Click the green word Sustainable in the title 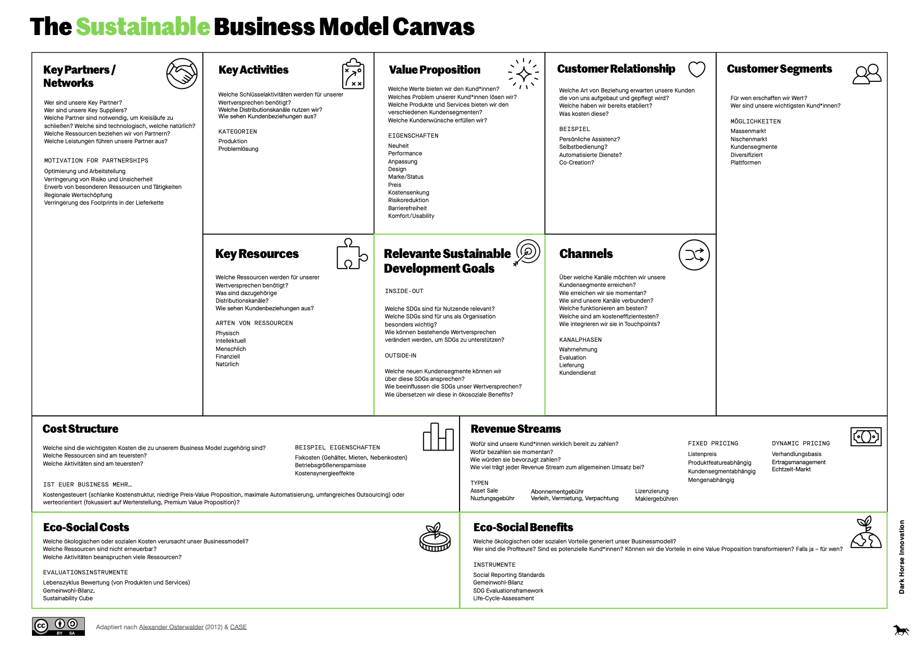[x=143, y=27]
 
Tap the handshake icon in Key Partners [x=182, y=74]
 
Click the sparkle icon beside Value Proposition [x=524, y=74]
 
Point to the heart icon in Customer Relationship [x=696, y=69]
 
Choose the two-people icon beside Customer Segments [x=867, y=74]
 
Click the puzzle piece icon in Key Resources [x=351, y=254]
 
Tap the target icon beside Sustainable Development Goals [x=527, y=252]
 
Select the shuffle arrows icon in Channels [x=694, y=255]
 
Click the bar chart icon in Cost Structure [x=438, y=437]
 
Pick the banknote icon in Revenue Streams [x=866, y=436]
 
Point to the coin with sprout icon [x=435, y=537]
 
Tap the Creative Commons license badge [x=58, y=626]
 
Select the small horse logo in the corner [x=901, y=630]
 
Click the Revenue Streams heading [x=515, y=429]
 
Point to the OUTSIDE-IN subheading [x=401, y=355]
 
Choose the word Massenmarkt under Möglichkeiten [x=748, y=131]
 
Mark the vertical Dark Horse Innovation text [x=902, y=557]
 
